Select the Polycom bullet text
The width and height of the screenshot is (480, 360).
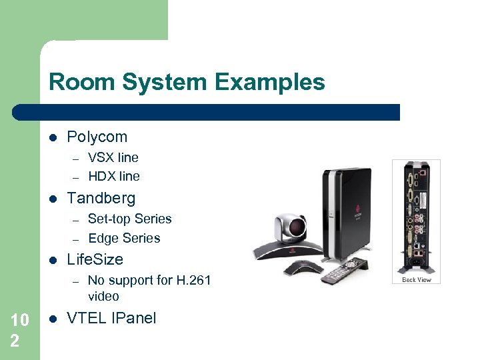click(x=97, y=137)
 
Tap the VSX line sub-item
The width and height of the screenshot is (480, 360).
click(x=113, y=158)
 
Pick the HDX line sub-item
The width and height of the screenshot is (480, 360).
click(x=114, y=177)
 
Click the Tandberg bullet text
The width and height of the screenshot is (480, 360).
click(x=101, y=198)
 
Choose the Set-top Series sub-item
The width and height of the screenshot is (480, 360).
click(x=129, y=219)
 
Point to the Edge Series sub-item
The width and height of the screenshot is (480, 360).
click(x=124, y=238)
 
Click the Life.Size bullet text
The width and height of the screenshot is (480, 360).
click(x=95, y=259)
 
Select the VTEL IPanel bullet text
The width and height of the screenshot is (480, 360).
click(x=111, y=318)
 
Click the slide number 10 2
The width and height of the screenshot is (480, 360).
click(x=20, y=331)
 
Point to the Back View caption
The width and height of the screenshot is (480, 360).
click(x=416, y=280)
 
